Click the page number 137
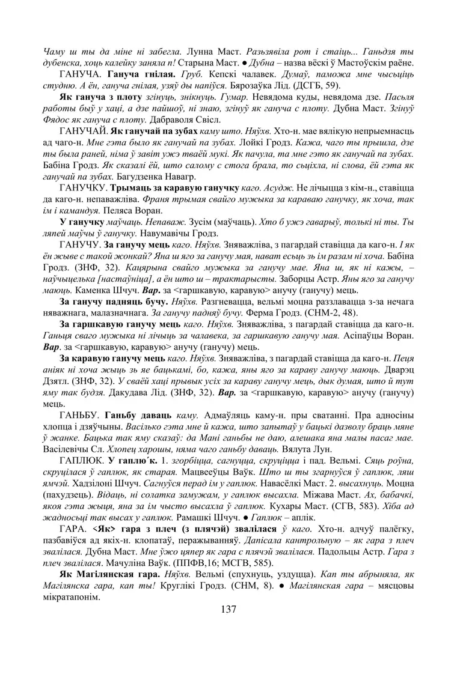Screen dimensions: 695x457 pyautogui.click(x=228, y=609)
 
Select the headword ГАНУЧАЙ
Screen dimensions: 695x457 pyautogui.click(x=82, y=130)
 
